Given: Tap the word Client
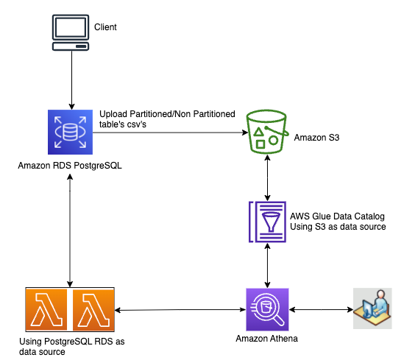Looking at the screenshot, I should click(105, 27).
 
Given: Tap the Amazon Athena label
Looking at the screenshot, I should click(267, 339).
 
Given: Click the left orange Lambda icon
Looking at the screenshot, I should click(46, 309).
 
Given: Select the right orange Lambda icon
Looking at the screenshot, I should click(93, 309).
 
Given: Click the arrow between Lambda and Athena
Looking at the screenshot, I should click(180, 310).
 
